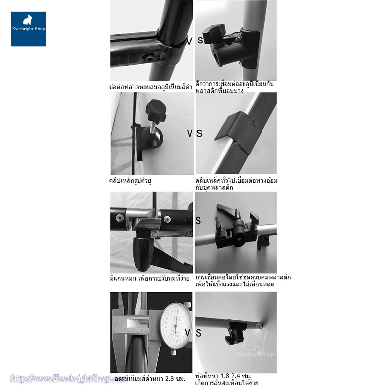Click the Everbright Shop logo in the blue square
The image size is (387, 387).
click(28, 29)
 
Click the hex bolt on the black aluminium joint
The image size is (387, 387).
click(149, 58)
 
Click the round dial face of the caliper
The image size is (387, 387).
click(176, 325)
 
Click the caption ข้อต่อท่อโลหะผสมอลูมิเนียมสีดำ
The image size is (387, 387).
click(151, 86)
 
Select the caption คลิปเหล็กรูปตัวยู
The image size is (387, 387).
click(130, 180)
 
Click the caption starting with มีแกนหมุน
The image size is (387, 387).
click(149, 278)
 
